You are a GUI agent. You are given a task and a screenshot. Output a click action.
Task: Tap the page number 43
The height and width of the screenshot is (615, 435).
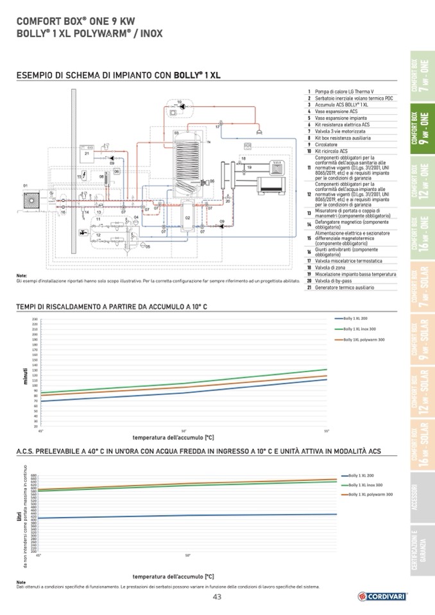point(217,598)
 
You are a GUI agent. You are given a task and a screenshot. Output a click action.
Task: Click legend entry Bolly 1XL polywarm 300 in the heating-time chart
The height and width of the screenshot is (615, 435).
point(363,339)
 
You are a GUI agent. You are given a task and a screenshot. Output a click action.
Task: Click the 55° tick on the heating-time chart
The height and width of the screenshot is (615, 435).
point(326,430)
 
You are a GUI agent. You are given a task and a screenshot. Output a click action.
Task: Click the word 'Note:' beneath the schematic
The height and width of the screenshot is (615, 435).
point(22,276)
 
